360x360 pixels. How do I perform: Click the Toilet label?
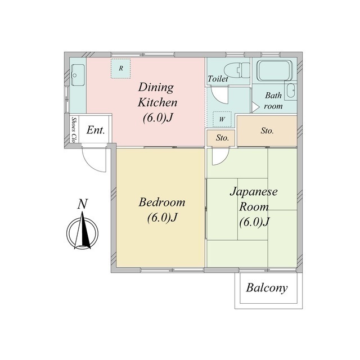click(x=218, y=79)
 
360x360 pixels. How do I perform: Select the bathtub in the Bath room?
click(x=274, y=70)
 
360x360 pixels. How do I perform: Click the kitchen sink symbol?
click(x=78, y=75)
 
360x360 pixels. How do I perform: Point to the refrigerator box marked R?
click(x=121, y=69)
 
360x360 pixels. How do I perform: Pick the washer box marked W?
click(x=222, y=119)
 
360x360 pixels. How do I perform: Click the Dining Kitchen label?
click(x=157, y=102)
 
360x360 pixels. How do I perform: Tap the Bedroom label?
click(x=162, y=210)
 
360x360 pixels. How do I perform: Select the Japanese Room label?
click(x=254, y=206)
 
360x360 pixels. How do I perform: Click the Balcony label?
click(x=267, y=288)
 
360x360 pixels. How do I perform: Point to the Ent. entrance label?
click(x=96, y=130)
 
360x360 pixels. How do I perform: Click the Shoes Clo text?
click(x=74, y=130)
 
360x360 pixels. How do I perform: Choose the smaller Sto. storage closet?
click(x=221, y=138)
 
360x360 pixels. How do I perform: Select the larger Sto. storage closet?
click(x=267, y=130)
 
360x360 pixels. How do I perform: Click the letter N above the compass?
click(x=83, y=204)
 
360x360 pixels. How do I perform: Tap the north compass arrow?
click(x=83, y=230)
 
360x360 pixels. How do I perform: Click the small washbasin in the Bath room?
click(x=290, y=91)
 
